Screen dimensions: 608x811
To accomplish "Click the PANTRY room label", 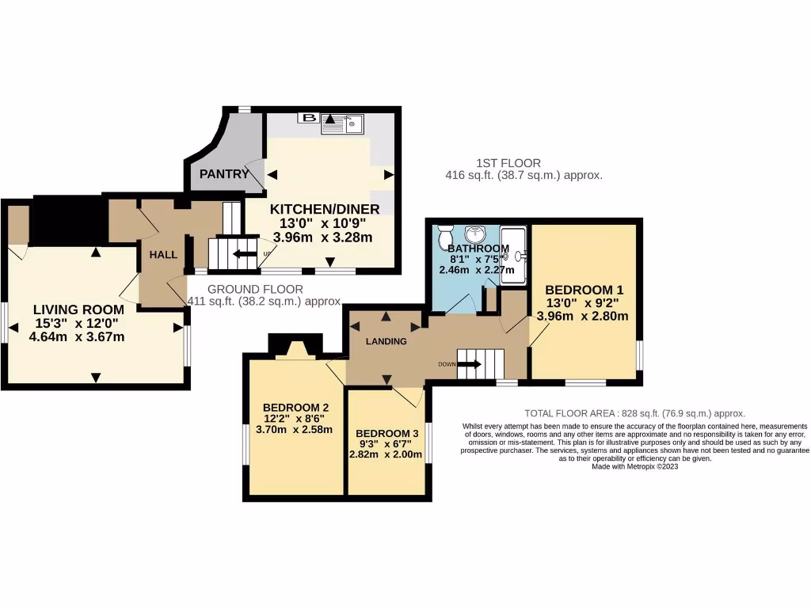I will tap(224, 173).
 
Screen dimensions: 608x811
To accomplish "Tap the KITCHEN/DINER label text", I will tap(325, 209).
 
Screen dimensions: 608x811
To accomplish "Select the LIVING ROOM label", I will tap(78, 309).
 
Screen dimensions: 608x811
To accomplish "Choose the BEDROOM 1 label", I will tap(584, 289).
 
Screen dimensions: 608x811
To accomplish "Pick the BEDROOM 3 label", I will tap(387, 433).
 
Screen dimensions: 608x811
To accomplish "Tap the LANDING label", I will tap(386, 341).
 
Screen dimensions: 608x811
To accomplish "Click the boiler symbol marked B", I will tap(309, 119).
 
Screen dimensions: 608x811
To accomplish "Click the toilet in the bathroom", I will tap(446, 235).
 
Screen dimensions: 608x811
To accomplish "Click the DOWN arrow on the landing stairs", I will tap(468, 364).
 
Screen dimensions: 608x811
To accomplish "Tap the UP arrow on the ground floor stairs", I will tap(246, 254).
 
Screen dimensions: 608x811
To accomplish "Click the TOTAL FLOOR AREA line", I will tap(635, 413).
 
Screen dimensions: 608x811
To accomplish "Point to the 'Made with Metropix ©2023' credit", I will tap(634, 467).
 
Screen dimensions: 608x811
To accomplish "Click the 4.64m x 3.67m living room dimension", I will tap(78, 336).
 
